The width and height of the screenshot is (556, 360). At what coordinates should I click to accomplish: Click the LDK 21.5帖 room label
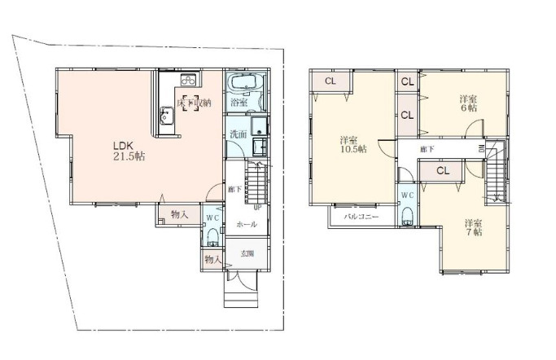[128, 151]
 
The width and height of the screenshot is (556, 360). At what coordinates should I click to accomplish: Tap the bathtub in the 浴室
[242, 85]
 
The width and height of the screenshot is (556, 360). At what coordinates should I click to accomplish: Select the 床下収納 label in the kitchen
[195, 103]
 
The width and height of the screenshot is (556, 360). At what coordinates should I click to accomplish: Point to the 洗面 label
[238, 134]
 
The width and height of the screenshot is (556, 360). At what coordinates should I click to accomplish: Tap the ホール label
[247, 223]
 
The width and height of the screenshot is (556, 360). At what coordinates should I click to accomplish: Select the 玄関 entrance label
[247, 253]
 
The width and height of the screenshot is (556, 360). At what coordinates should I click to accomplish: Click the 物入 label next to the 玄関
[212, 258]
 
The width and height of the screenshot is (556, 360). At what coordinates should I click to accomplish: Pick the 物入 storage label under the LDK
[178, 215]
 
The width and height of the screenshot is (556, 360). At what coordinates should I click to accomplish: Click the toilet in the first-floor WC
[212, 236]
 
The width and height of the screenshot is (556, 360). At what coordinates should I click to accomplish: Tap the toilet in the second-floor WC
[406, 215]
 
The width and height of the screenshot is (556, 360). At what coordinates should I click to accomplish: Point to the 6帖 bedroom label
[467, 103]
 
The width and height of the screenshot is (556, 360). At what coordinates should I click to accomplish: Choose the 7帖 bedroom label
[473, 227]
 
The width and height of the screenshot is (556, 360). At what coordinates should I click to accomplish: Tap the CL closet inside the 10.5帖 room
[331, 81]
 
